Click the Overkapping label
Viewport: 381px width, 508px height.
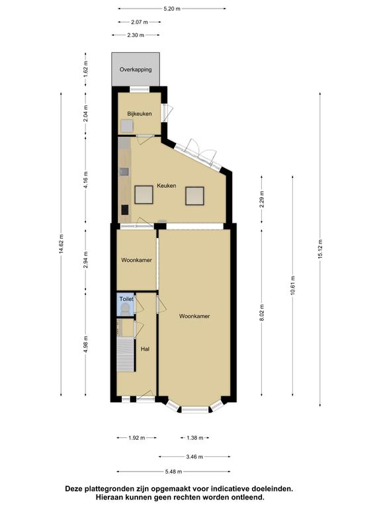pyautogui.click(x=136, y=69)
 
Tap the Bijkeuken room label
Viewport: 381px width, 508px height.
pyautogui.click(x=140, y=114)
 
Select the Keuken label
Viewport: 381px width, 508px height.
pyautogui.click(x=167, y=186)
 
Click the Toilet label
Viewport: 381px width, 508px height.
pyautogui.click(x=126, y=299)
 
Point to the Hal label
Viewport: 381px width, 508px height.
pyautogui.click(x=145, y=349)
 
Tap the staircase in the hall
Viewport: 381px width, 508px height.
pyautogui.click(x=126, y=355)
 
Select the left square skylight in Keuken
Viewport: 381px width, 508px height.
pyautogui.click(x=144, y=194)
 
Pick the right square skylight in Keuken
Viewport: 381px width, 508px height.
pyautogui.click(x=194, y=196)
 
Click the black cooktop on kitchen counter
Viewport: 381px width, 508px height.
pyautogui.click(x=125, y=210)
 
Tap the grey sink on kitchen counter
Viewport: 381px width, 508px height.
pyautogui.click(x=124, y=171)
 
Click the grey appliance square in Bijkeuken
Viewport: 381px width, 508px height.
pyautogui.click(x=127, y=126)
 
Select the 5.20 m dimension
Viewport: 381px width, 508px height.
pyautogui.click(x=172, y=9)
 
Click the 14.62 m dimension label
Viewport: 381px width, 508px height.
pyautogui.click(x=62, y=245)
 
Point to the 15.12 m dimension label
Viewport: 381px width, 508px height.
pyautogui.click(x=320, y=249)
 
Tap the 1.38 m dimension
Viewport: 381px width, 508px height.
pyautogui.click(x=194, y=438)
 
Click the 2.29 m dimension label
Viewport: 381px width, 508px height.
pyautogui.click(x=262, y=199)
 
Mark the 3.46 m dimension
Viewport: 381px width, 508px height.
pyautogui.click(x=194, y=457)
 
